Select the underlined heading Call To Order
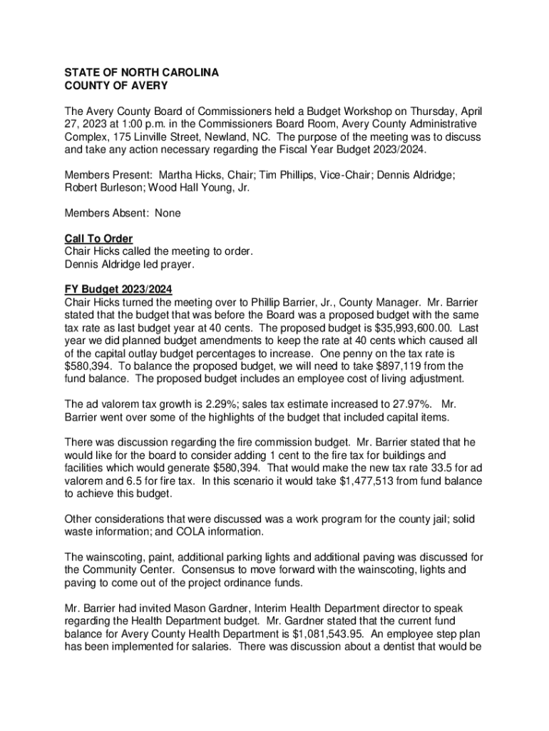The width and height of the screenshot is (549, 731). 98,238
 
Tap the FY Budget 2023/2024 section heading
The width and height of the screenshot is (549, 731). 118,289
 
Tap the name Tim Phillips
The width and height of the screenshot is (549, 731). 291,176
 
